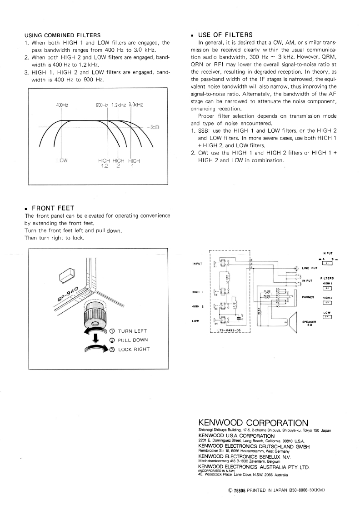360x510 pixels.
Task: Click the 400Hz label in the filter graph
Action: (62, 105)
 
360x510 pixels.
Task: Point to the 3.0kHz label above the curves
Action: (136, 105)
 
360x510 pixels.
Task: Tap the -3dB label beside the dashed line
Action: (153, 127)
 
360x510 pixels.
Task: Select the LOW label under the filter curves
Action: (62, 160)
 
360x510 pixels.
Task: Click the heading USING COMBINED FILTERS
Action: (62, 35)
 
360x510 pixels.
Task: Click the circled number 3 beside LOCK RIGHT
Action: (111, 349)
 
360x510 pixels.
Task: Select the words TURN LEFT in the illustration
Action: (132, 331)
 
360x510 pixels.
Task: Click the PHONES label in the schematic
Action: (308, 297)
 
